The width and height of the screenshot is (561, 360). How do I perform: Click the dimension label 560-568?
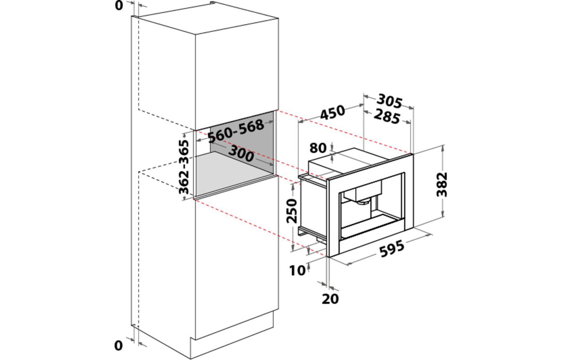[x=236, y=130]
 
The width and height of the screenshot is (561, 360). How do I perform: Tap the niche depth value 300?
[x=241, y=153]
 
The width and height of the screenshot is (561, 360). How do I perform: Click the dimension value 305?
[x=390, y=100]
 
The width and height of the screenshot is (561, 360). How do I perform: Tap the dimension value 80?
[x=318, y=148]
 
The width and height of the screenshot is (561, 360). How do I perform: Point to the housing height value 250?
[x=292, y=211]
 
